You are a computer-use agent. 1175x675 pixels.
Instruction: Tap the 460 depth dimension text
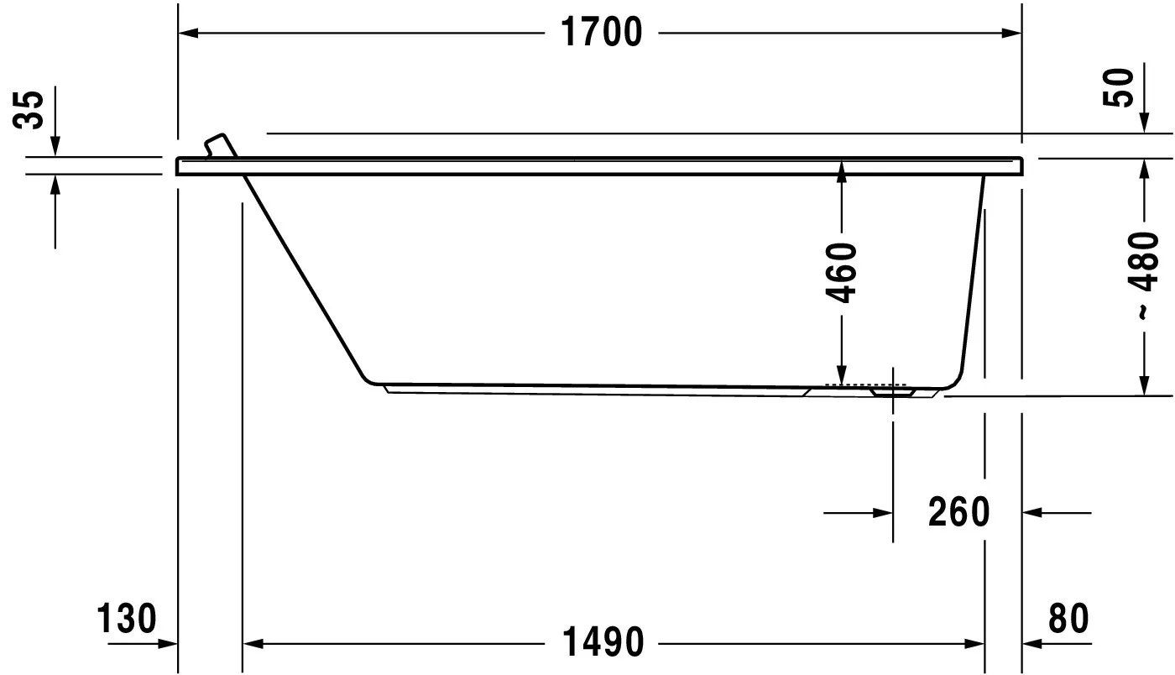tap(842, 272)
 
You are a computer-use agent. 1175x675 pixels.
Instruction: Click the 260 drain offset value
tap(959, 511)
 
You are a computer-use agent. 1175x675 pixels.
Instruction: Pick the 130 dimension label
tap(127, 619)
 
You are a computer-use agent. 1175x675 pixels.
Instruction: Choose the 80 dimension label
tap(1068, 619)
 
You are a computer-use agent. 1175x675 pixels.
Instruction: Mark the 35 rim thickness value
tap(30, 109)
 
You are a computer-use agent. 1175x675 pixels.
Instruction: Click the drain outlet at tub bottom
tap(892, 390)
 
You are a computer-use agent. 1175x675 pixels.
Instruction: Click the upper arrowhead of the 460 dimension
tap(842, 168)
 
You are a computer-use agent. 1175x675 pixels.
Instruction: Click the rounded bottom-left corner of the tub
tap(368, 379)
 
